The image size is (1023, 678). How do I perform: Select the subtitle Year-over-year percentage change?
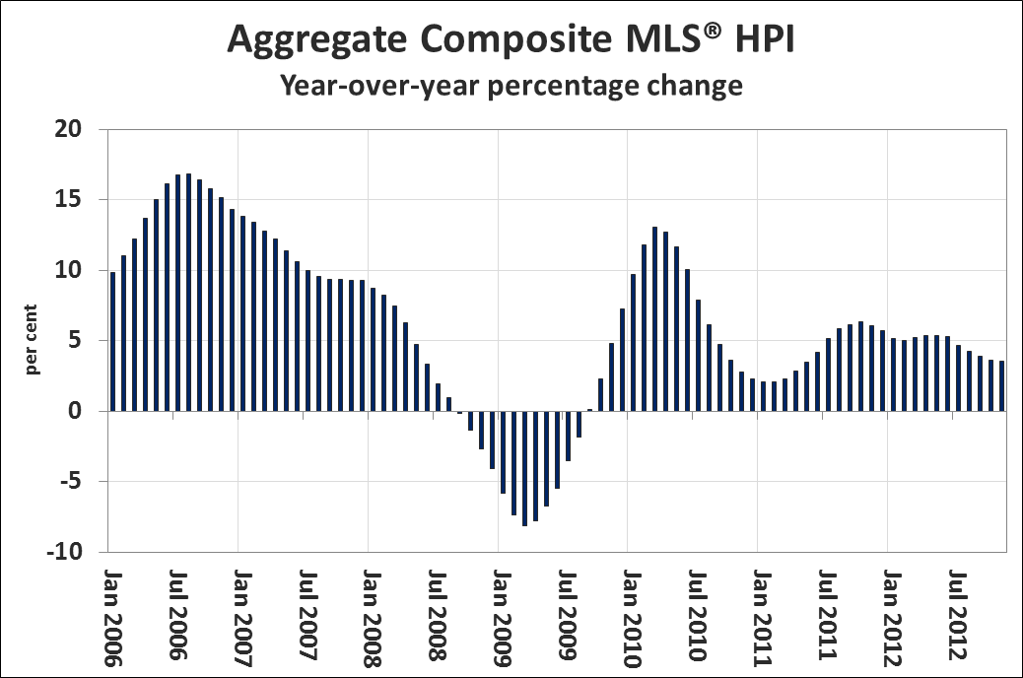pos(511,85)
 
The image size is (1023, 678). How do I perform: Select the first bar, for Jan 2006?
pos(112,341)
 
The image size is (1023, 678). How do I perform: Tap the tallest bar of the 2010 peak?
pos(654,319)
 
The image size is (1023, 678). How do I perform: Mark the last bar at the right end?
pos(1001,386)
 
